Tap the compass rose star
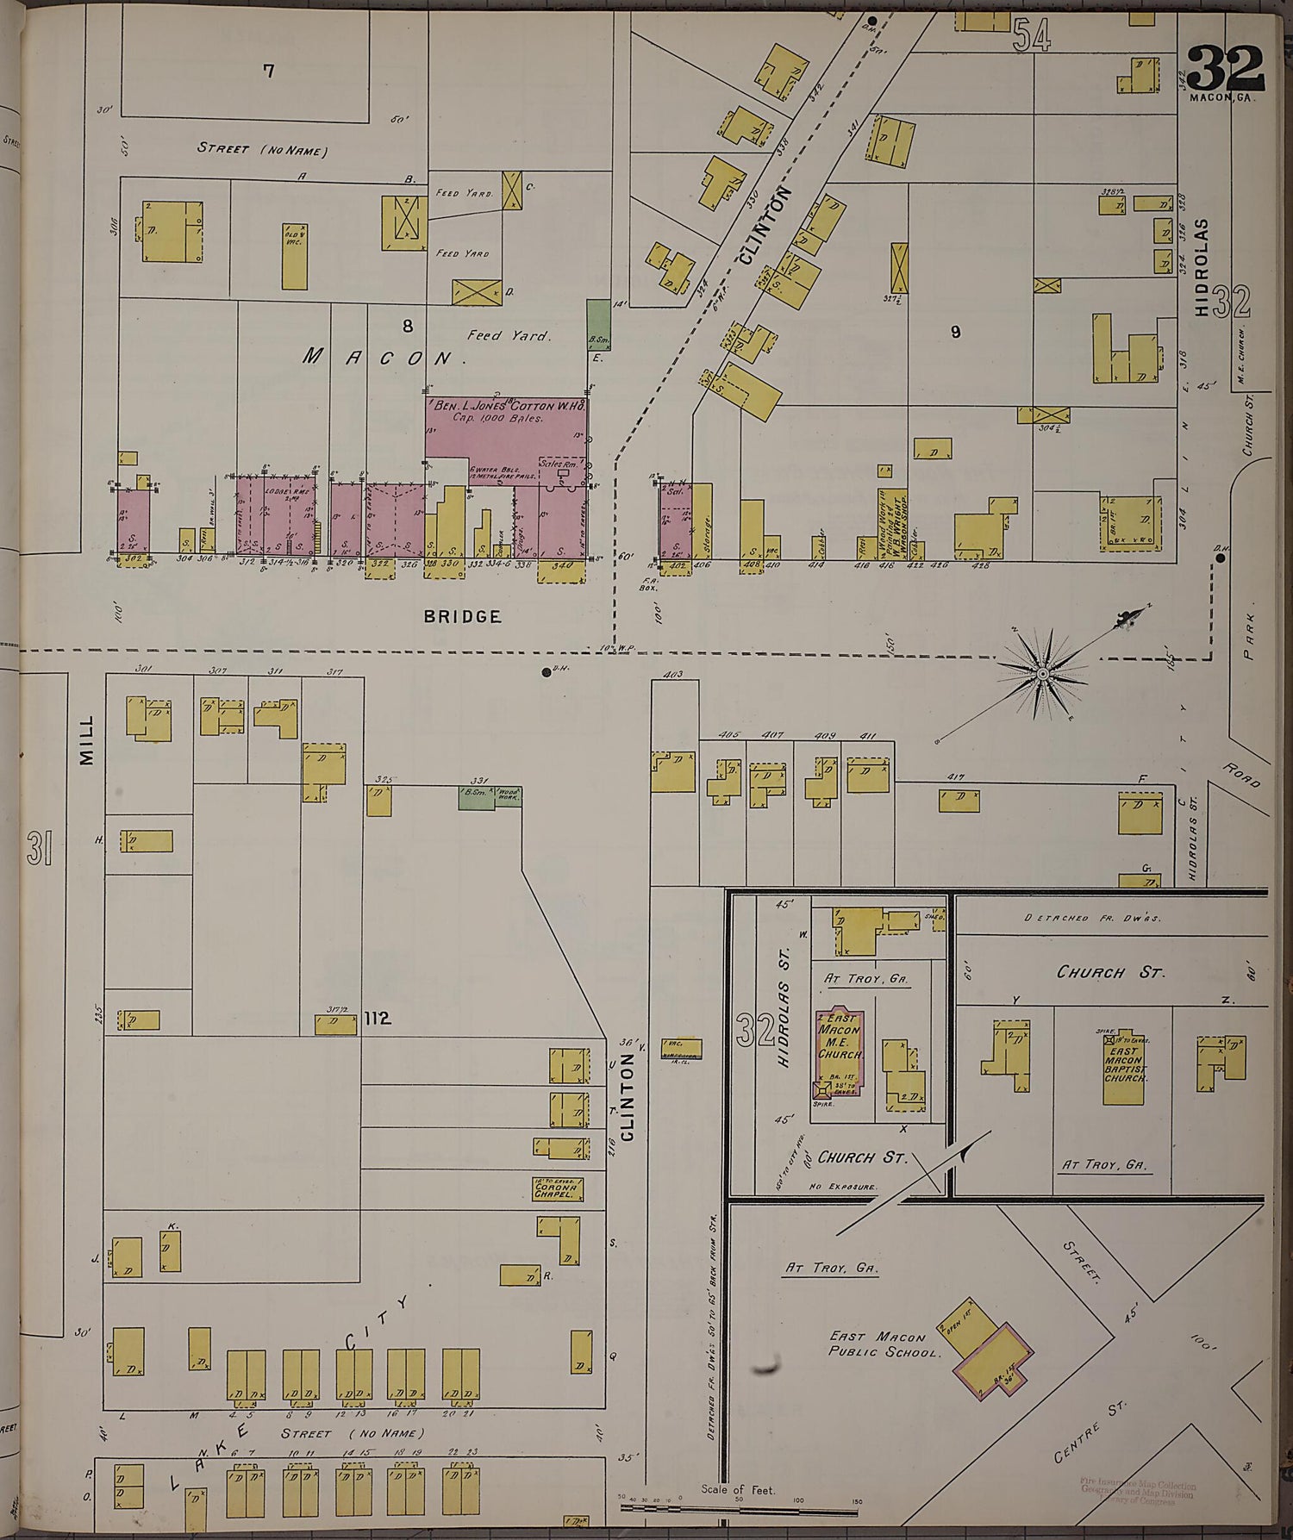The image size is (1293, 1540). [1042, 672]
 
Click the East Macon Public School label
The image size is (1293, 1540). [883, 1344]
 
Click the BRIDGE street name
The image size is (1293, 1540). [462, 616]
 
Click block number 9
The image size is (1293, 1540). [954, 332]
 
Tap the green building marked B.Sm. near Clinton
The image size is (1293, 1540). [598, 325]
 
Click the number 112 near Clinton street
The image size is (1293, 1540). [378, 1019]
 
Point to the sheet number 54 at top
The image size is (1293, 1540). [1032, 35]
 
